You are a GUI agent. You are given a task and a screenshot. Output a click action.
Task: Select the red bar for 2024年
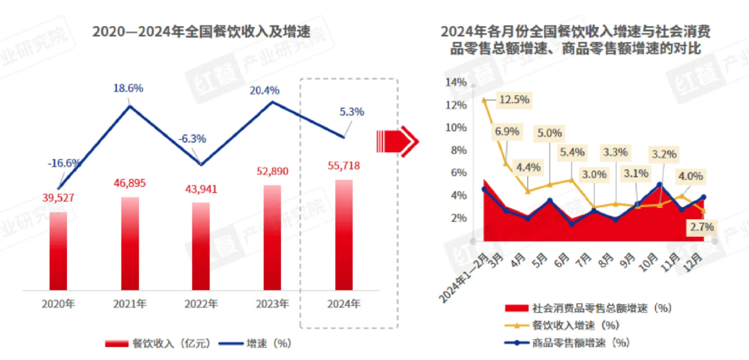344,235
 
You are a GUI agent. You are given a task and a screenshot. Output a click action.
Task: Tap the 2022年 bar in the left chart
201,246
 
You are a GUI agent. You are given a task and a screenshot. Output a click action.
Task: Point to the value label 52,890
272,171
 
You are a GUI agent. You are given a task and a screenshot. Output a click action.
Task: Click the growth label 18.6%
128,88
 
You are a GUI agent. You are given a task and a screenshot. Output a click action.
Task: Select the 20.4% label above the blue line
265,90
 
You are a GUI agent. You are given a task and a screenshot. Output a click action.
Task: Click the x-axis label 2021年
130,304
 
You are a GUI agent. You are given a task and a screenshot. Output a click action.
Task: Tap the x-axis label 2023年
272,304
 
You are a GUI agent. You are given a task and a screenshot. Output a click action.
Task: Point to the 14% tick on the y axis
456,82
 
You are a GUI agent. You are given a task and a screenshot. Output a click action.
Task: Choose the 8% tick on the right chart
458,150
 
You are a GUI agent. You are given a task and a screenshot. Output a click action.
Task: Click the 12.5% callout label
514,100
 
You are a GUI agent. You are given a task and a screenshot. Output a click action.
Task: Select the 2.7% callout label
702,227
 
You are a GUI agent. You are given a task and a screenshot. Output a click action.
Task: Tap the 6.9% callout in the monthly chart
507,132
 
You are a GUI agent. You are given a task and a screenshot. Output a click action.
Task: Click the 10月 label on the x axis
648,262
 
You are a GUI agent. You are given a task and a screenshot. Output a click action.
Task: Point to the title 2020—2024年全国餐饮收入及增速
201,32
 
